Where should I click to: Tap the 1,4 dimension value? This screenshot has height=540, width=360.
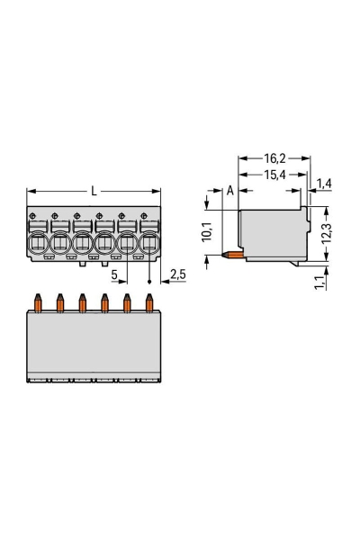(x=325, y=184)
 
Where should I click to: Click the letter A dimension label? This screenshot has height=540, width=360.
(x=229, y=190)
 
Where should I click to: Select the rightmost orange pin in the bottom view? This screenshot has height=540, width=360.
(x=149, y=301)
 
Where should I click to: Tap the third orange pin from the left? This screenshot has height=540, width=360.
(x=83, y=301)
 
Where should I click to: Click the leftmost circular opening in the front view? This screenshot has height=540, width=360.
(x=39, y=244)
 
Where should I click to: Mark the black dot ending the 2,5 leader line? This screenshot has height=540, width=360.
(x=149, y=281)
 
